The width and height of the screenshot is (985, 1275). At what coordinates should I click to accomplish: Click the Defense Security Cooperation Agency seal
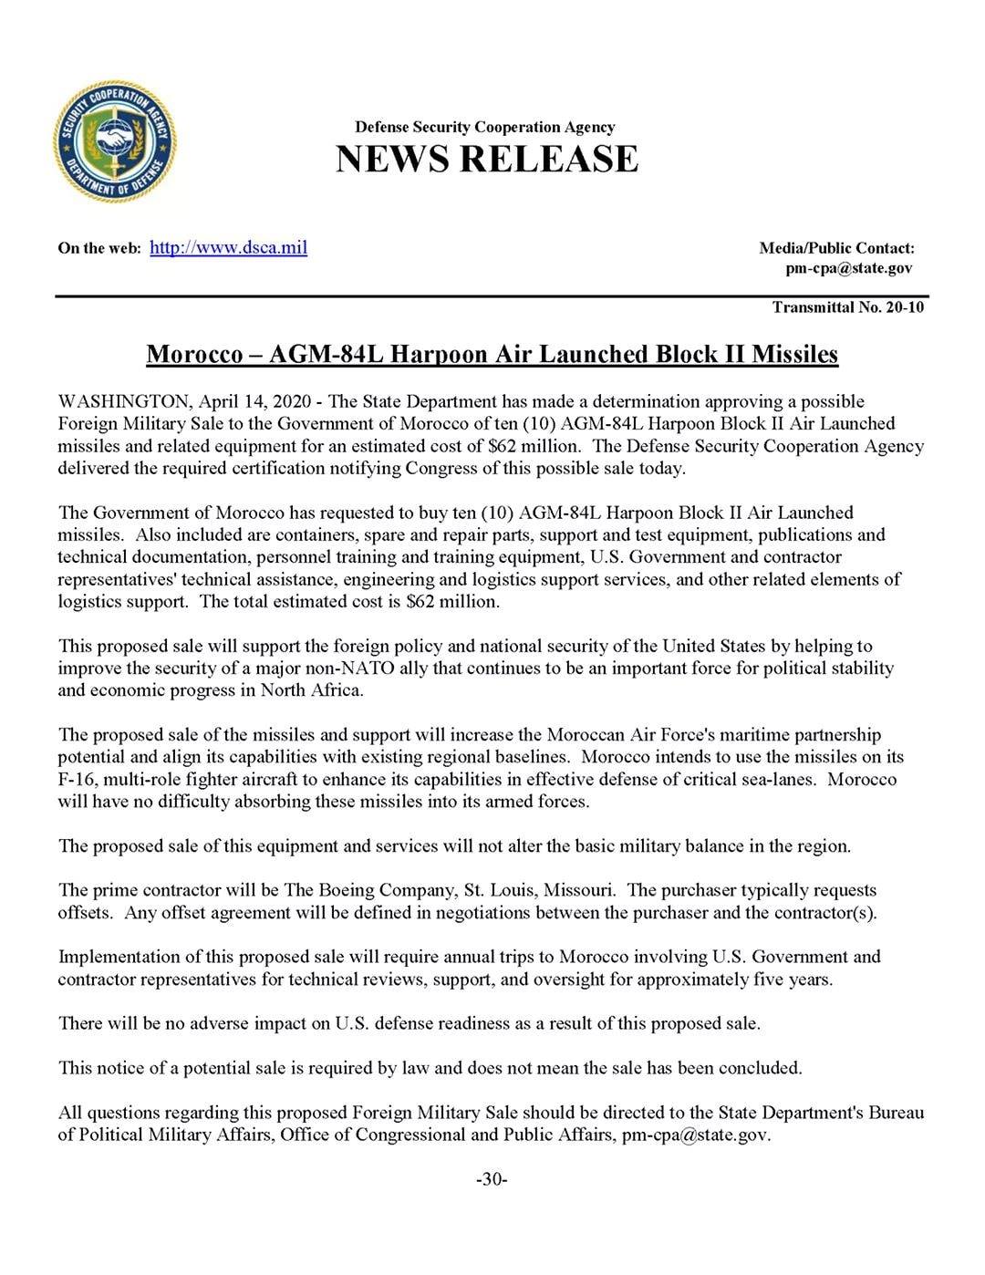[x=115, y=141]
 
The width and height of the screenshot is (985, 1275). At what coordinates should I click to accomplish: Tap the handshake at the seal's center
[x=115, y=140]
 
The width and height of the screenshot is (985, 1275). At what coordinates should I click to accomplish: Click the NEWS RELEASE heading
[x=487, y=159]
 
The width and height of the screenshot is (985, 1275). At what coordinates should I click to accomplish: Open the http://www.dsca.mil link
[x=228, y=247]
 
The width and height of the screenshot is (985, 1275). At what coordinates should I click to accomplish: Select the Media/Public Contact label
[x=836, y=248]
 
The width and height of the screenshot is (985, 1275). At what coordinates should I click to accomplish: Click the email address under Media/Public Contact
[x=848, y=268]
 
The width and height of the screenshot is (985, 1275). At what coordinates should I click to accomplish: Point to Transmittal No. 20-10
[x=848, y=307]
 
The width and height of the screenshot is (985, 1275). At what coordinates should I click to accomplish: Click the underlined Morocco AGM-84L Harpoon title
[x=492, y=354]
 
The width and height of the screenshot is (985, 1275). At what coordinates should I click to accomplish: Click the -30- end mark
[x=492, y=1179]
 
